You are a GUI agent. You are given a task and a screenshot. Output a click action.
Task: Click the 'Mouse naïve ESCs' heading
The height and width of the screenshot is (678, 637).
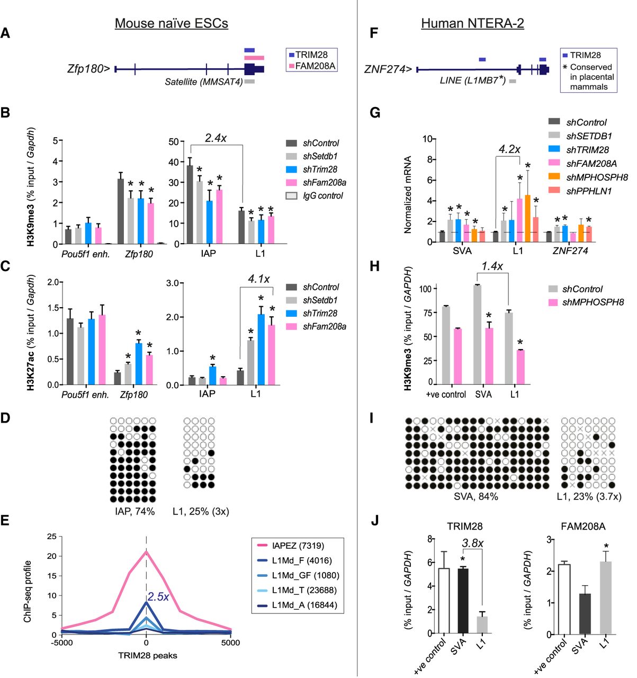pos(172,23)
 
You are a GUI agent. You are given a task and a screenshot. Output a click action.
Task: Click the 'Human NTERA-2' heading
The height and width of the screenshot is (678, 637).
pos(472,23)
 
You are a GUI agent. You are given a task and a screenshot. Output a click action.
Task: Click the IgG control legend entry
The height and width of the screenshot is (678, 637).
pos(315,195)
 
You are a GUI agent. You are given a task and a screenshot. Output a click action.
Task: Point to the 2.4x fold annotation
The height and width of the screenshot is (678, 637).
pos(216,138)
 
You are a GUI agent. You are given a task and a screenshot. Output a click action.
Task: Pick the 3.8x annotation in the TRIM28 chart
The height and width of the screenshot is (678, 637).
pos(473,543)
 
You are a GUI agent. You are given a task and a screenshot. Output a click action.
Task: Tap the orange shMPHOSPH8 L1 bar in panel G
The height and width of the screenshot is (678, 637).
pos(527,218)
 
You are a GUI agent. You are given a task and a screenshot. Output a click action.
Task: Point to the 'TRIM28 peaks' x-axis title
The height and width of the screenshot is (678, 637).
pos(148,655)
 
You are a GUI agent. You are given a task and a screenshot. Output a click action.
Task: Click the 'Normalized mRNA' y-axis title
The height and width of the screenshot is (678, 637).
pos(407,194)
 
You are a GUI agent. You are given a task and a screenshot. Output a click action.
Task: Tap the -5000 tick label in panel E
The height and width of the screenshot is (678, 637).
pos(62,643)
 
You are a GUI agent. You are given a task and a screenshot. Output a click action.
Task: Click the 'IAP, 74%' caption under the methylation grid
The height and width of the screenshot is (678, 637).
pos(135,511)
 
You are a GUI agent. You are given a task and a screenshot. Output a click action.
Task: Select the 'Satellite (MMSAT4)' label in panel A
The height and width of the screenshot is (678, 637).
pos(204,82)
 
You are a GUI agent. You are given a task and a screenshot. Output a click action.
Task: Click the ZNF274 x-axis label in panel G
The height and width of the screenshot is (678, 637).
pos(570,251)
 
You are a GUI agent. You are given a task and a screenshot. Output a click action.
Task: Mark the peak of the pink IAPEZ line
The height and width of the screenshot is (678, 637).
pos(147,551)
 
